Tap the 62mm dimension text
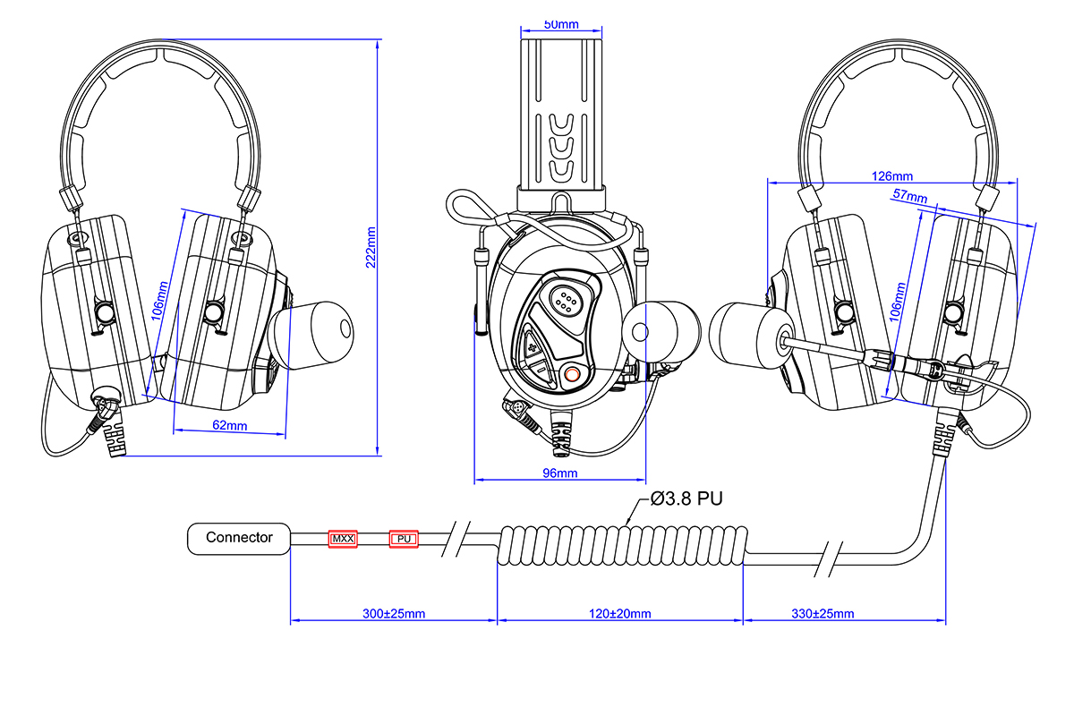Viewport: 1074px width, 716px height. click(230, 425)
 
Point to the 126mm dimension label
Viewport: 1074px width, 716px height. click(891, 175)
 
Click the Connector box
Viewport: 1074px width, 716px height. click(239, 538)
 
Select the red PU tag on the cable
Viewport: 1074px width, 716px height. click(404, 539)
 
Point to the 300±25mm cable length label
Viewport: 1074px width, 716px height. click(393, 614)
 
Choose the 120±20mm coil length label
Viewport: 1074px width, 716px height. click(619, 614)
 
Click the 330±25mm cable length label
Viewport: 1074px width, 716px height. click(823, 614)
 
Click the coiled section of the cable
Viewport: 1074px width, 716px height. click(620, 543)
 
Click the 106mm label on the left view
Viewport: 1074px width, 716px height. click(159, 303)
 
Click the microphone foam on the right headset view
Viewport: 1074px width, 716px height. click(749, 338)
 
